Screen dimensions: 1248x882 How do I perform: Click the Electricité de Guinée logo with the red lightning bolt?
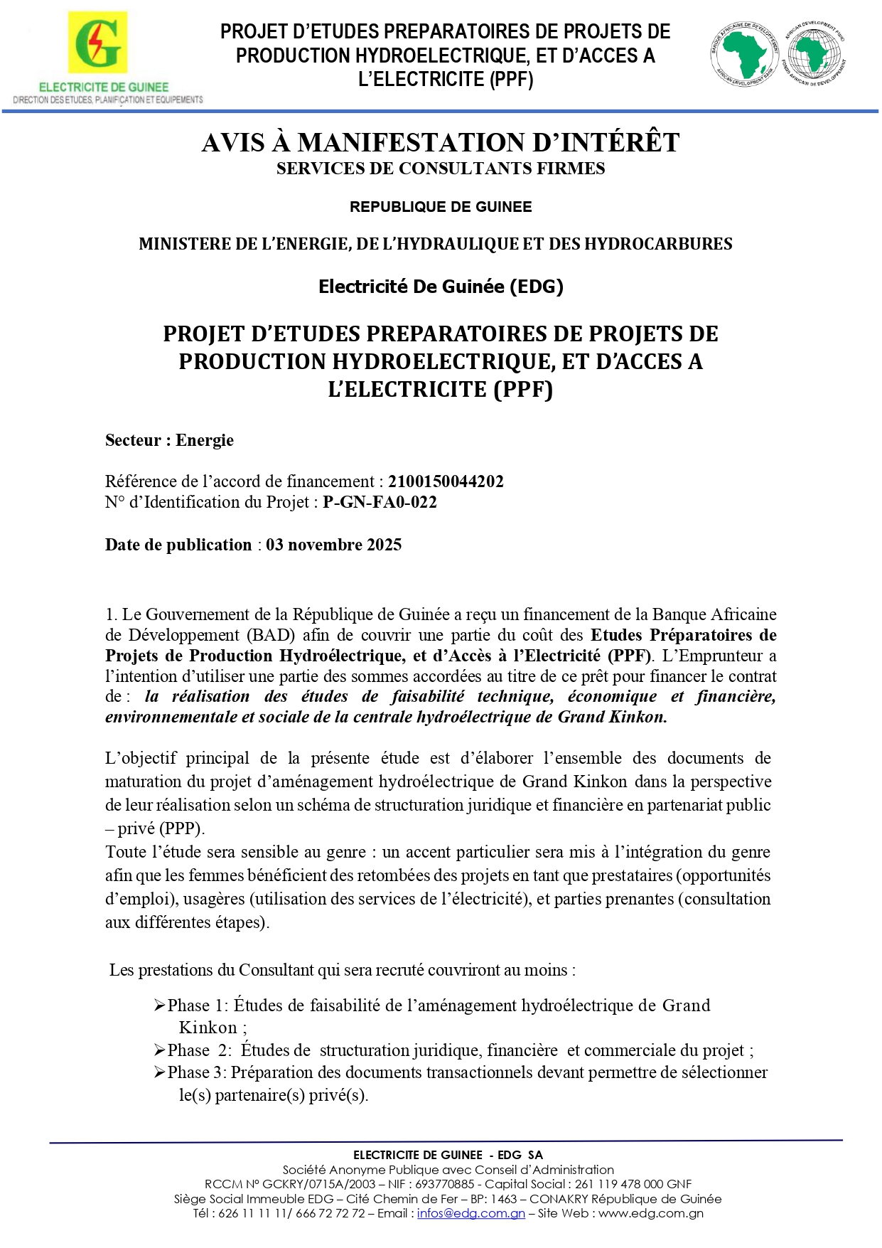click(x=97, y=43)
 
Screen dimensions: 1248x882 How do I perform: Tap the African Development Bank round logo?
click(x=745, y=53)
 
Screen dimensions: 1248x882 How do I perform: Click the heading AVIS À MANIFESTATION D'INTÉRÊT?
click(x=441, y=143)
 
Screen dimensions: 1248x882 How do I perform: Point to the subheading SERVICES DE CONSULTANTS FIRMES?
click(x=441, y=169)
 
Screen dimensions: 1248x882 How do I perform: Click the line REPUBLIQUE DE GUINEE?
click(x=441, y=207)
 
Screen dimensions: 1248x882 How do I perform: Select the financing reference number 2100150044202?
click(x=446, y=481)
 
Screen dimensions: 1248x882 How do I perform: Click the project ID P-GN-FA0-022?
click(x=380, y=502)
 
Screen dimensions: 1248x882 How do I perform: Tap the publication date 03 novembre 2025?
click(x=333, y=545)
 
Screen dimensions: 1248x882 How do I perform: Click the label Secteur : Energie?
click(x=169, y=440)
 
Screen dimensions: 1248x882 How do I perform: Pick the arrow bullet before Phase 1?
click(x=160, y=1006)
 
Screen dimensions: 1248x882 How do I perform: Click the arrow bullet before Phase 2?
click(x=160, y=1050)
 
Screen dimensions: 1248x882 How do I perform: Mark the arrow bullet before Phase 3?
click(x=160, y=1072)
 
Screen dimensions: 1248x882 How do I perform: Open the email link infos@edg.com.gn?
click(x=470, y=1213)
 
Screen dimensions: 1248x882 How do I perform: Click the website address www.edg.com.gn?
click(x=650, y=1213)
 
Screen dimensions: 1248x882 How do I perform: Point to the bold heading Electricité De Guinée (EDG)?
click(x=441, y=287)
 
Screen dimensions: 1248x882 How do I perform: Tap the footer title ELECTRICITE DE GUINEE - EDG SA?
click(x=448, y=1155)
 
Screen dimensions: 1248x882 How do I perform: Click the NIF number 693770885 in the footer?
click(x=444, y=1184)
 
